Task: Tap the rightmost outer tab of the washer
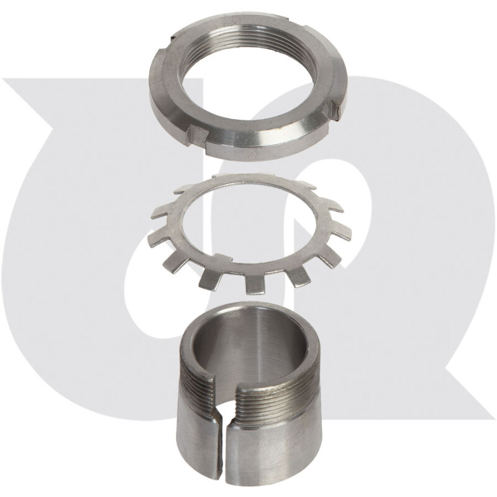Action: tap(343, 232)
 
